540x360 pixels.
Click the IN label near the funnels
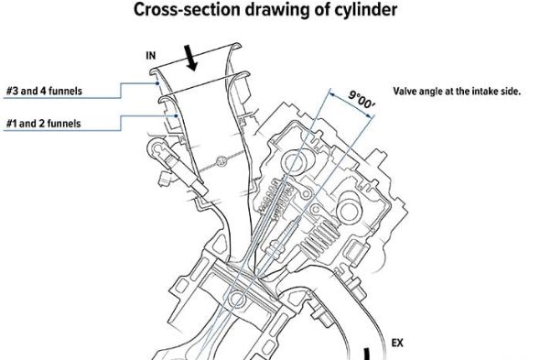pos(151,56)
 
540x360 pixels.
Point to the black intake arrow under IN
pos(190,58)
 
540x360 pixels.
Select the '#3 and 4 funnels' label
pos(44,91)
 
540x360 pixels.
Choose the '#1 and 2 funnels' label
pos(43,123)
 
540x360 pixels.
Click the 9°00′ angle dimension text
pos(362,100)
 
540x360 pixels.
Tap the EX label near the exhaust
pos(397,343)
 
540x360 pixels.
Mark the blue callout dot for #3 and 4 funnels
pos(157,83)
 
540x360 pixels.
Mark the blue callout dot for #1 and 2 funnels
pos(176,115)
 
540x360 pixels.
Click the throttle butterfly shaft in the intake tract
pos(221,160)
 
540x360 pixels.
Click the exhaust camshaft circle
pos(349,210)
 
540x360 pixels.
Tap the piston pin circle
pos(237,300)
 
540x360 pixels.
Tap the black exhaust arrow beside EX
pos(367,355)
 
